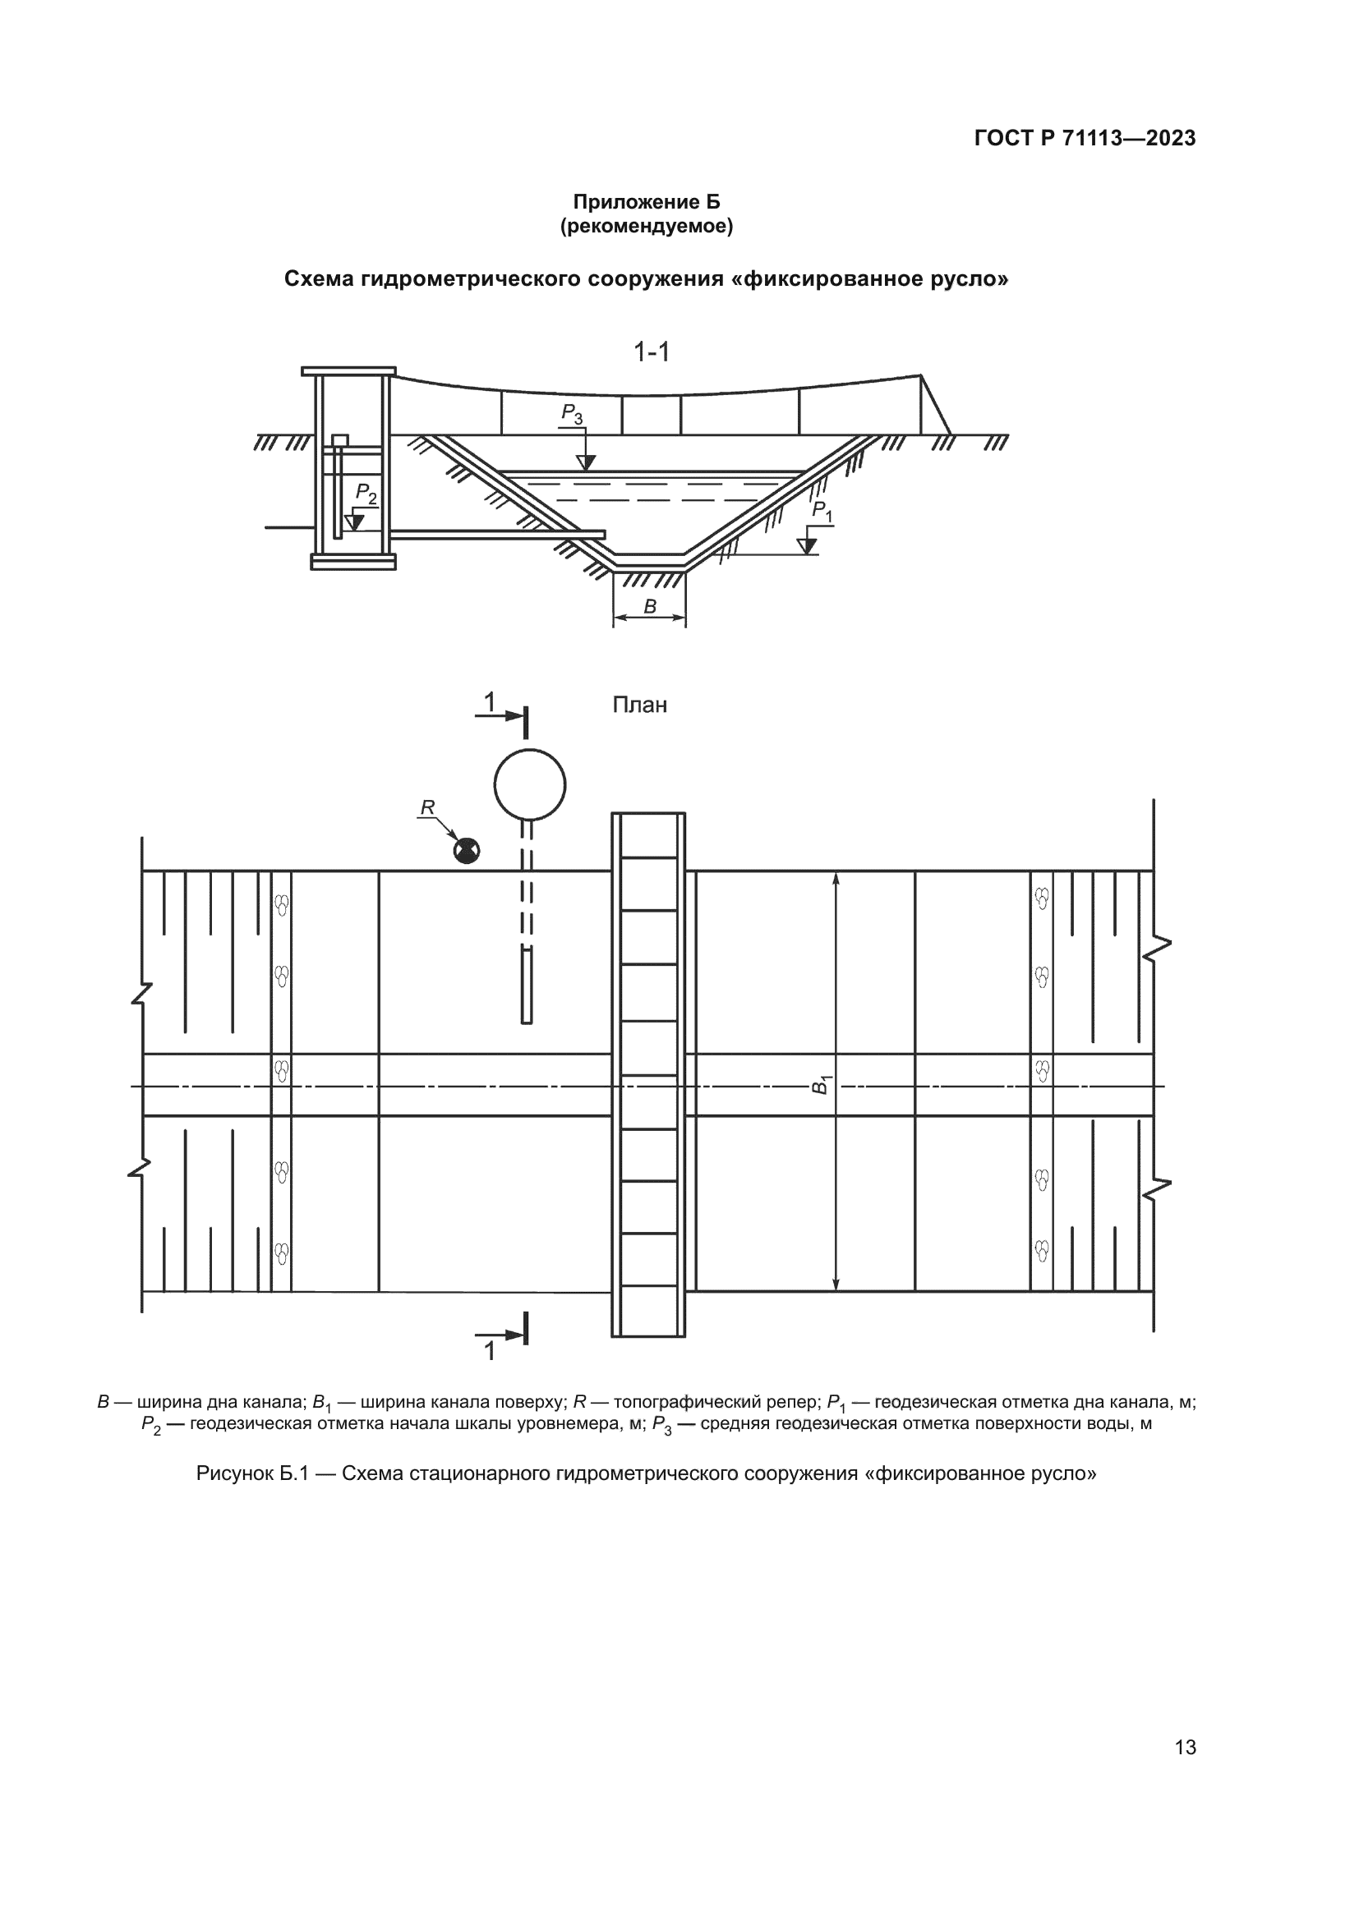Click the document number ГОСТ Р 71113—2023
click(1085, 139)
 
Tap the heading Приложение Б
click(646, 202)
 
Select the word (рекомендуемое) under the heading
click(646, 226)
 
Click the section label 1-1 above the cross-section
click(652, 352)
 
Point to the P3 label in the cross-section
click(573, 413)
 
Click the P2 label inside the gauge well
click(366, 494)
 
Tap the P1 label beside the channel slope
click(822, 511)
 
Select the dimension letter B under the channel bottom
click(649, 607)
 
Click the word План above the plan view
click(640, 705)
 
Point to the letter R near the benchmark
click(427, 807)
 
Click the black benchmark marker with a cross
click(466, 852)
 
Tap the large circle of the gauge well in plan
click(530, 785)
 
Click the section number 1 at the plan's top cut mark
click(491, 701)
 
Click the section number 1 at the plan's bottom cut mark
click(491, 1351)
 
